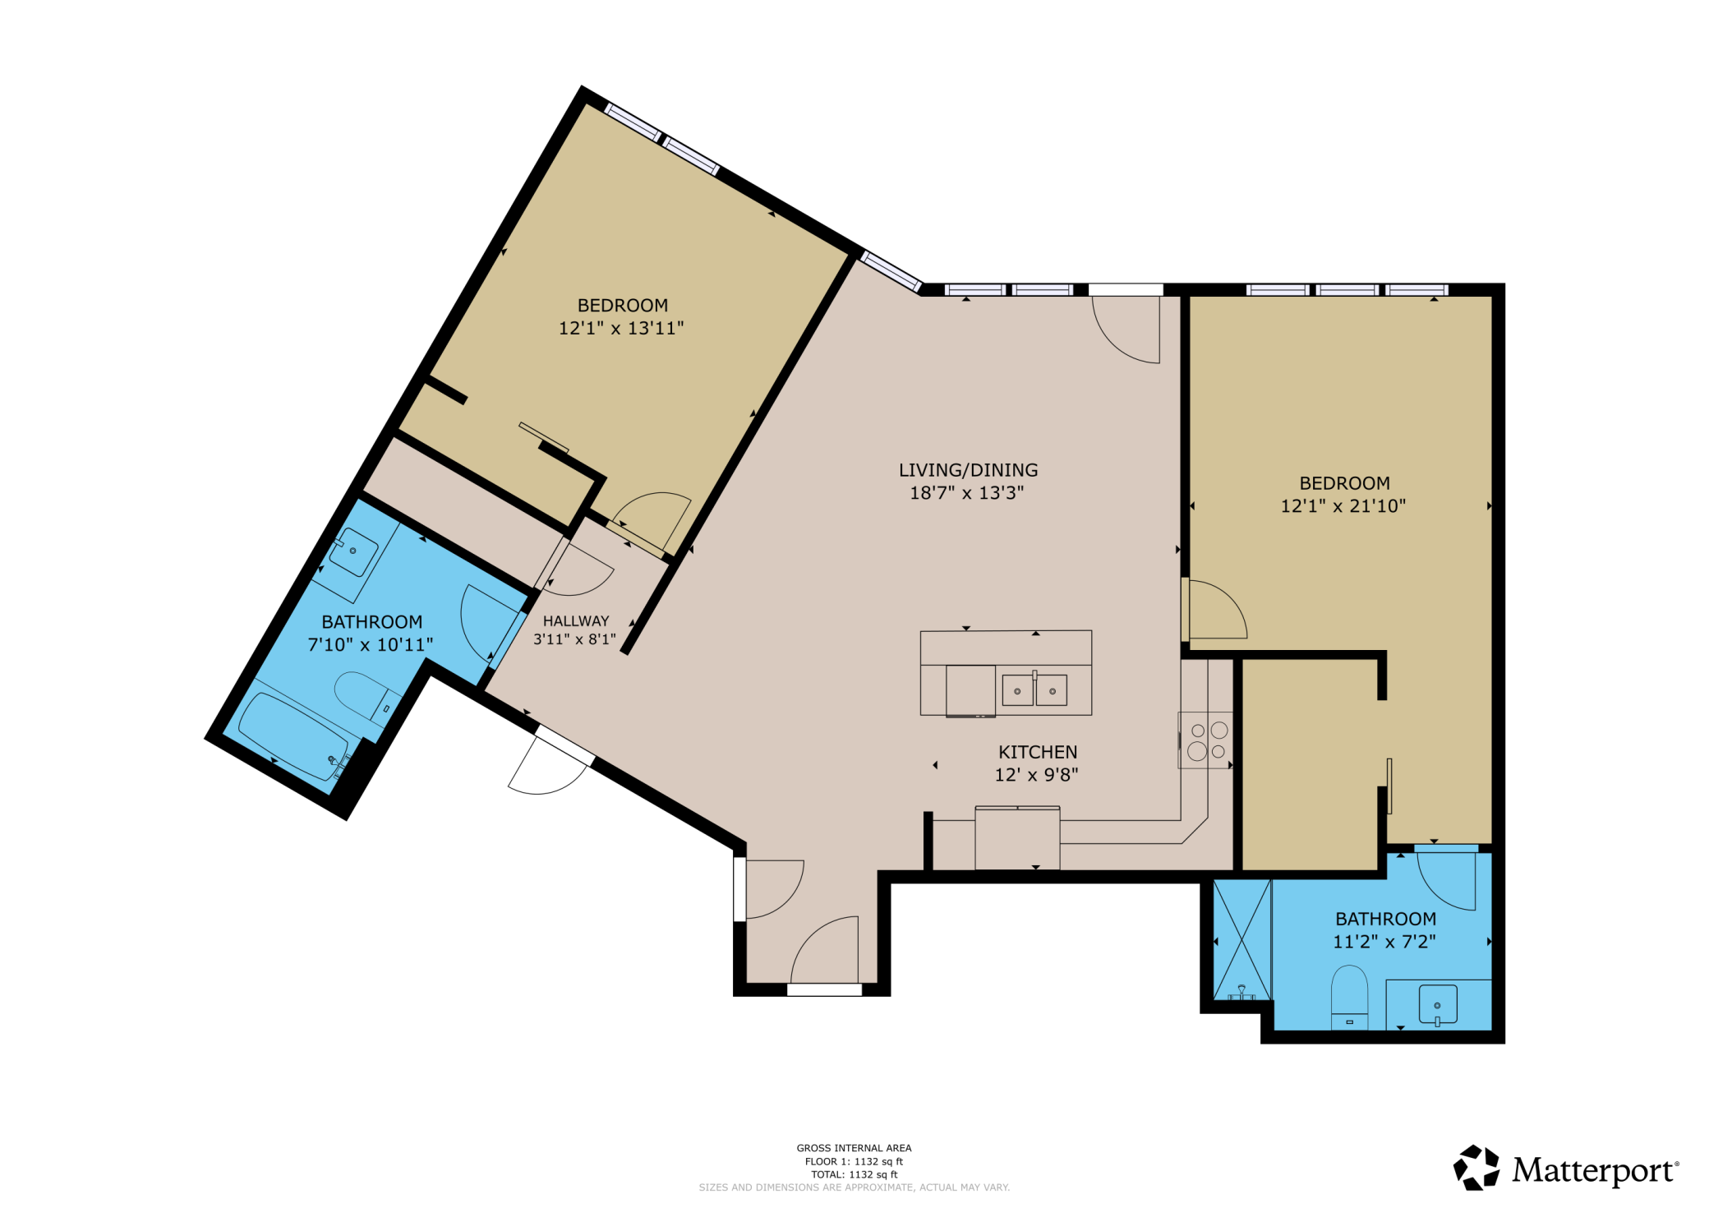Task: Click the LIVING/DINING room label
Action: [x=968, y=470]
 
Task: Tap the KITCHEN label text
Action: [x=1038, y=752]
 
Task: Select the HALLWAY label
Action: [x=576, y=621]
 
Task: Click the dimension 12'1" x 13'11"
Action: [x=621, y=328]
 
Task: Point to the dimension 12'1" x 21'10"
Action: [x=1343, y=505]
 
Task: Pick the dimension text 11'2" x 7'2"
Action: [x=1384, y=941]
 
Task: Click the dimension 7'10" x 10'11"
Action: [x=371, y=644]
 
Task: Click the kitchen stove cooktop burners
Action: [x=1206, y=740]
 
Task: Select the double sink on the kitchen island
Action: [x=1034, y=690]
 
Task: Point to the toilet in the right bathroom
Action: [x=1349, y=997]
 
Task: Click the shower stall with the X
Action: [x=1242, y=939]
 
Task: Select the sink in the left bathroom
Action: [x=353, y=551]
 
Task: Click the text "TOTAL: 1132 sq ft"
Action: [x=854, y=1174]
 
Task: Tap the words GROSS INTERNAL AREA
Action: [x=854, y=1148]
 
